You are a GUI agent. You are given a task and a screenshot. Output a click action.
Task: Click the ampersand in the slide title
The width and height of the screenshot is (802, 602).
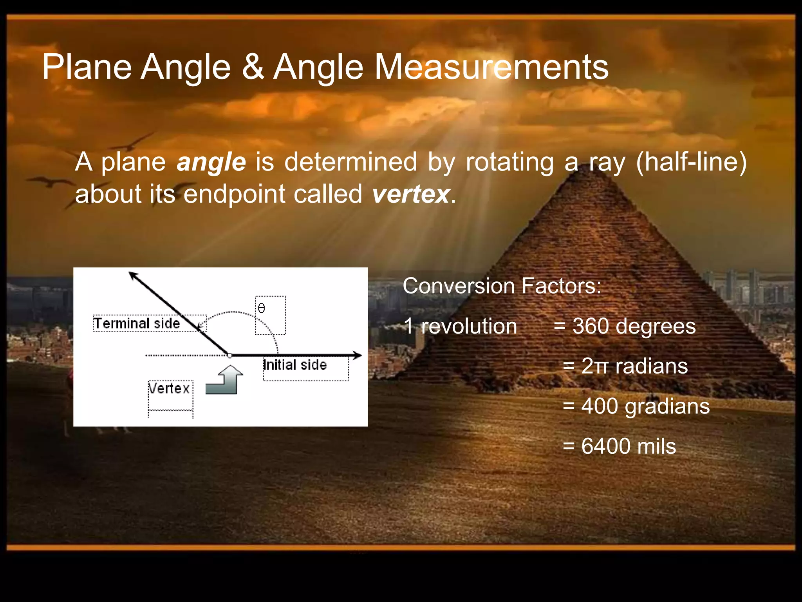(x=253, y=67)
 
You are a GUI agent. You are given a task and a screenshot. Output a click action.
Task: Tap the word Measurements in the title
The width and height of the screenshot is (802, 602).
(x=491, y=67)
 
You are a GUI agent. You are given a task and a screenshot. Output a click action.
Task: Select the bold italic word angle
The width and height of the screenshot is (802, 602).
(x=211, y=162)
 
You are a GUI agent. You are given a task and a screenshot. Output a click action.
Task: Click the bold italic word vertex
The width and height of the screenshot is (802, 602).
(x=410, y=194)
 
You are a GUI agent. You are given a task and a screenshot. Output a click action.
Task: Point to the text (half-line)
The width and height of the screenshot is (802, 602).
(x=691, y=162)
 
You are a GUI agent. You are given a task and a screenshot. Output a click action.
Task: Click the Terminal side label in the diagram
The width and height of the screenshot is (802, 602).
(x=136, y=324)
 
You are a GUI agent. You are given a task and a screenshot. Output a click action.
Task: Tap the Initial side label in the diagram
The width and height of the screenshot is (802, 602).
(x=295, y=365)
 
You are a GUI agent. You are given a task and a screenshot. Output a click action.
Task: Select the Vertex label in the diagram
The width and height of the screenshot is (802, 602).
(x=169, y=389)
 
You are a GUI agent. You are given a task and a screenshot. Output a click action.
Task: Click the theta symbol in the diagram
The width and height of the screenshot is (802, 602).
(x=262, y=309)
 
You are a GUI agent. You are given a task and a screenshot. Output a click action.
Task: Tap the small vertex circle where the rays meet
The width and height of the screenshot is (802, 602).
(x=230, y=355)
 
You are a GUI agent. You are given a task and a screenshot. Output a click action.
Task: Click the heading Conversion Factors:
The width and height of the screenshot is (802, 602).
(x=502, y=286)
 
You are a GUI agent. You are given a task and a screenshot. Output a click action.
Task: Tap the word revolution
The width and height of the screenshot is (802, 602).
(x=469, y=326)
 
